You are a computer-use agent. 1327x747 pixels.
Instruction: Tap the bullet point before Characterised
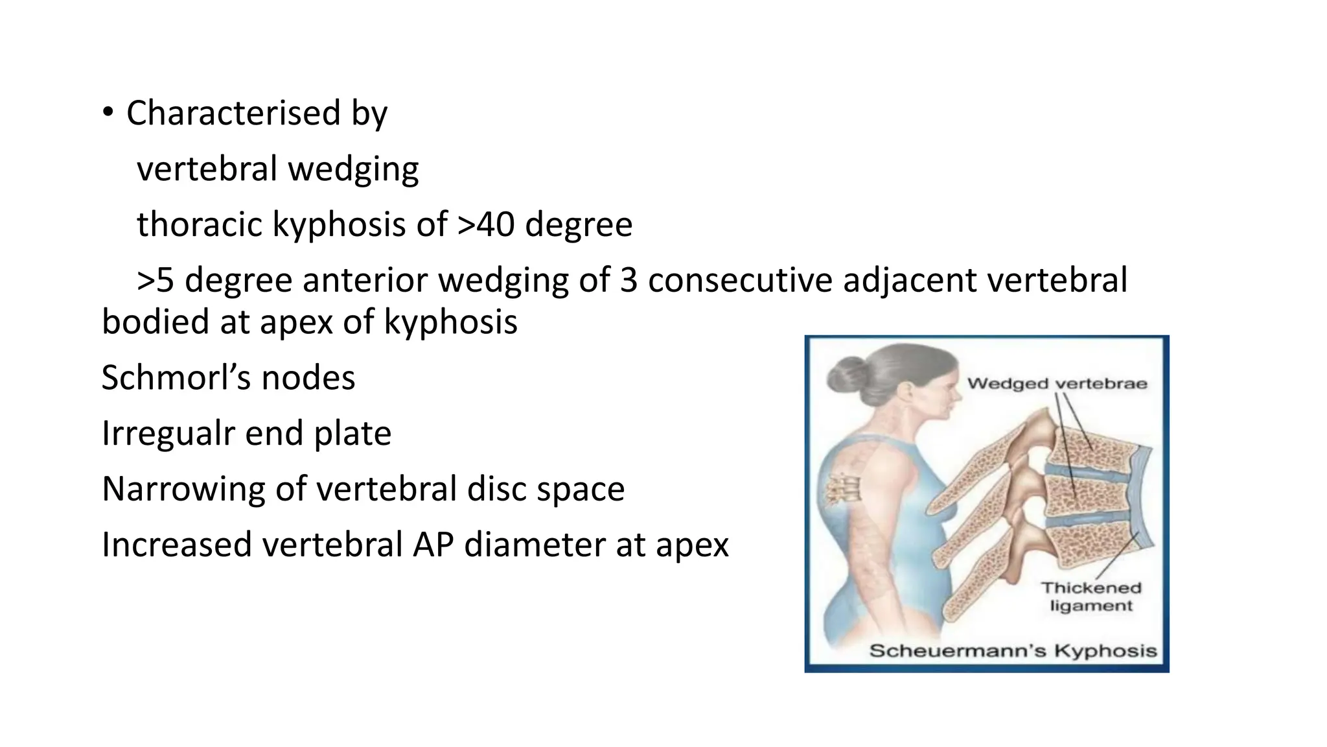(108, 113)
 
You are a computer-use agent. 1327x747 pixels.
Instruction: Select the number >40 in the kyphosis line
(487, 224)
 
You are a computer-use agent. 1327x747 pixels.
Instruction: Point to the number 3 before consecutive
(629, 280)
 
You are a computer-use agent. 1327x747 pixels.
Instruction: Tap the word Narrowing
(183, 489)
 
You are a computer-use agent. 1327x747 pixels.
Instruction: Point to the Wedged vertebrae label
(1057, 383)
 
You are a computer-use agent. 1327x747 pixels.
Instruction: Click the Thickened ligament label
(1091, 597)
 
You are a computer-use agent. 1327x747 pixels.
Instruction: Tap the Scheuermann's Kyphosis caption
(1013, 650)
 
